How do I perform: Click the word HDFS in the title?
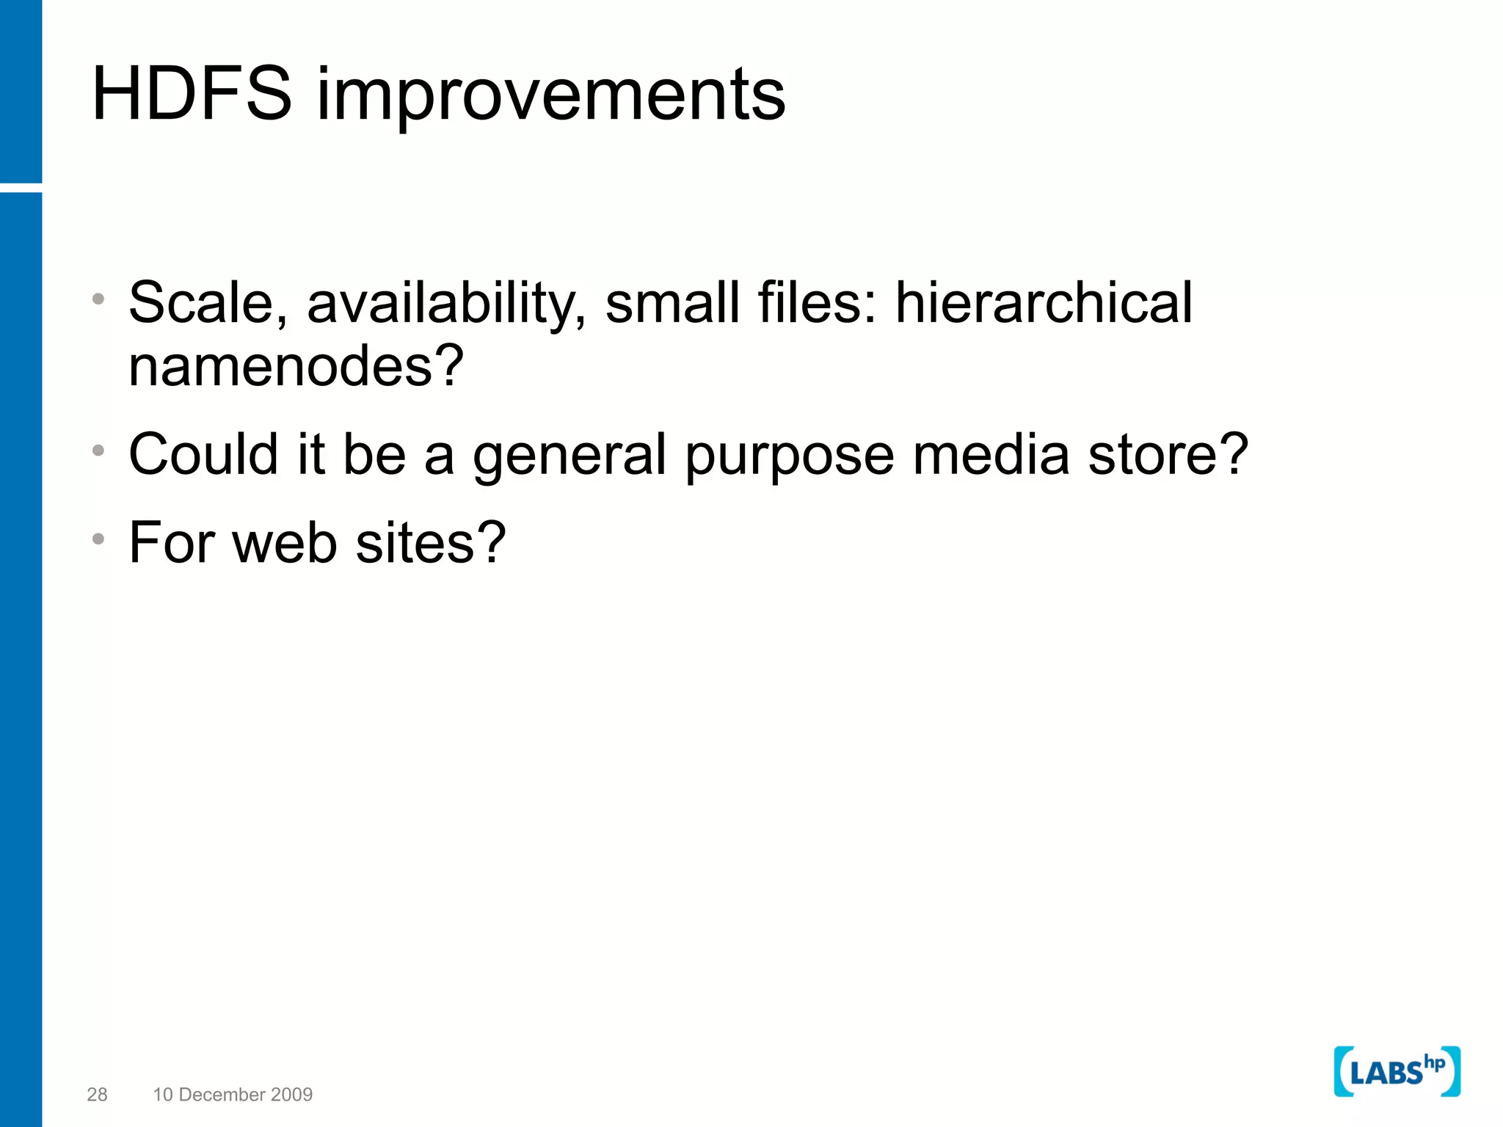(192, 94)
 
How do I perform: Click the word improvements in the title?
(550, 95)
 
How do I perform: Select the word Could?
(203, 454)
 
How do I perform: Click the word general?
(569, 456)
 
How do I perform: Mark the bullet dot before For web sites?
(98, 539)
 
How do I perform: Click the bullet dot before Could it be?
(98, 451)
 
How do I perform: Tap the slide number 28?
(97, 1094)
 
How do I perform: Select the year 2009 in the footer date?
(292, 1094)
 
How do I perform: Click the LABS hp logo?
(1397, 1071)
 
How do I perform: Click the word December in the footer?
(222, 1094)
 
